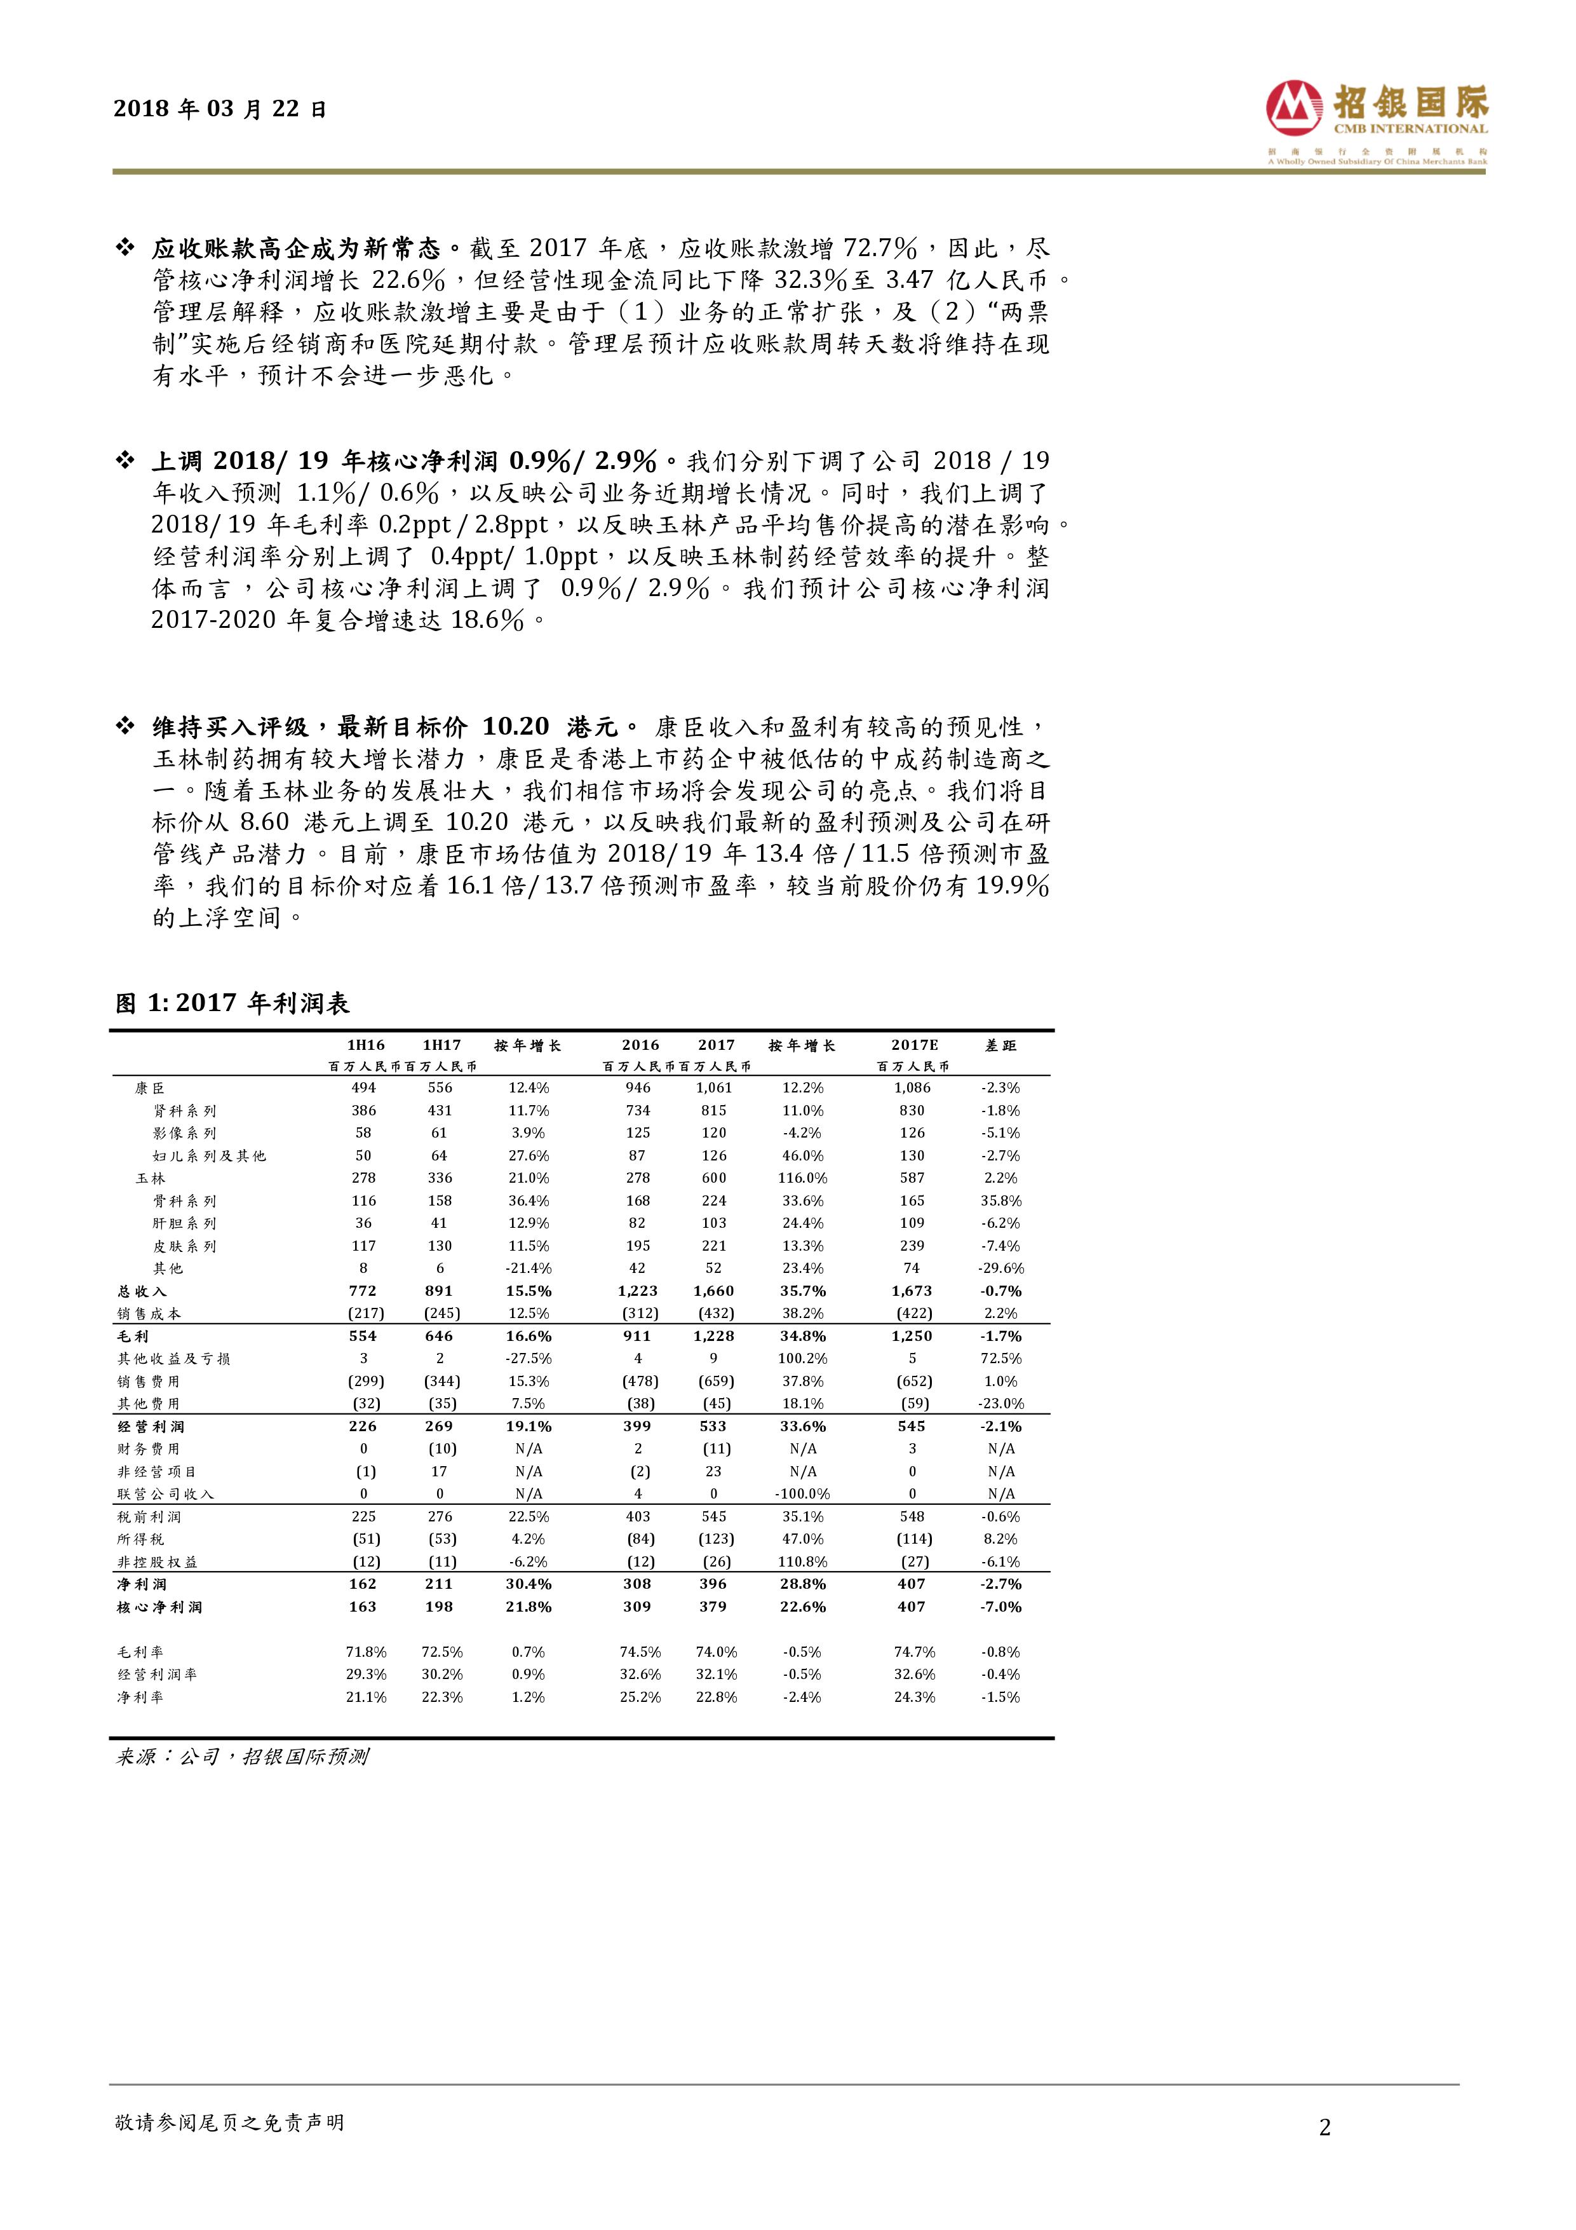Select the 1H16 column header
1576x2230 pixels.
pos(364,1045)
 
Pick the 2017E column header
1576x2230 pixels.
pos(913,1045)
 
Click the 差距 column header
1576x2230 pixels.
pos(1000,1045)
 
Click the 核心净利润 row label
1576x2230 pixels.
pos(159,1607)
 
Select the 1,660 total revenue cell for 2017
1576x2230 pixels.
pos(714,1291)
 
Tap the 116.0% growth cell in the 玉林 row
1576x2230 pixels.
pos(803,1178)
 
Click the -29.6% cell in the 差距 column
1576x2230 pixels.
pos(1000,1268)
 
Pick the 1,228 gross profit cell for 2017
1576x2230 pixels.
pos(714,1336)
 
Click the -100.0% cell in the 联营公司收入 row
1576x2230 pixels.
pos(803,1494)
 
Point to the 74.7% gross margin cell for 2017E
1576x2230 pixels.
pos(913,1652)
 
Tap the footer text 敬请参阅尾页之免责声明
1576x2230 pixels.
pos(229,2123)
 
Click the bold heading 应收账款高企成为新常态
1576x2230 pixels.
pos(296,248)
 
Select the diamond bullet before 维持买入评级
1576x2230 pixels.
pos(125,726)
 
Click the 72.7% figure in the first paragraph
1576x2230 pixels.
pos(880,248)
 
